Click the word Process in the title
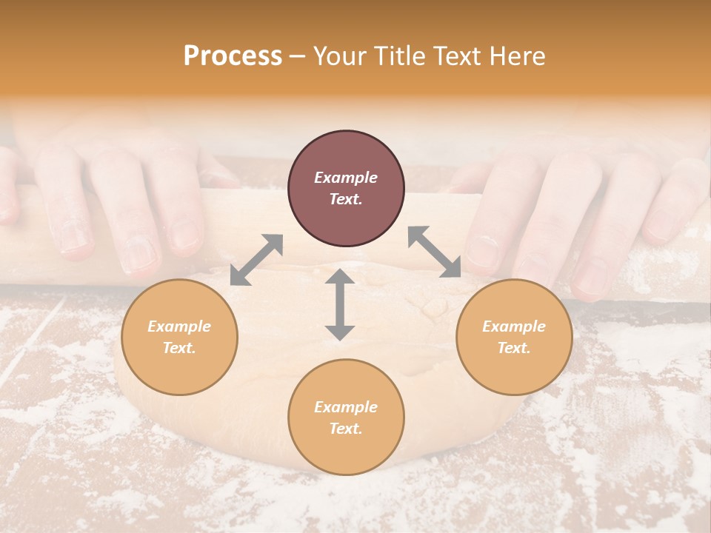click(233, 56)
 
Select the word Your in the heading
click(341, 56)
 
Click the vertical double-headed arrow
click(340, 305)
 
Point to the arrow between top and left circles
click(256, 260)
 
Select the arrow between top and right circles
click(435, 252)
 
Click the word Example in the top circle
click(346, 178)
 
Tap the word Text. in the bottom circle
click(346, 429)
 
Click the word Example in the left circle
click(179, 326)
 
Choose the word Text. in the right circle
click(514, 348)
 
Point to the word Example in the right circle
click(514, 326)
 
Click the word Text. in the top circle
click(346, 199)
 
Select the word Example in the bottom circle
click(346, 407)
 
